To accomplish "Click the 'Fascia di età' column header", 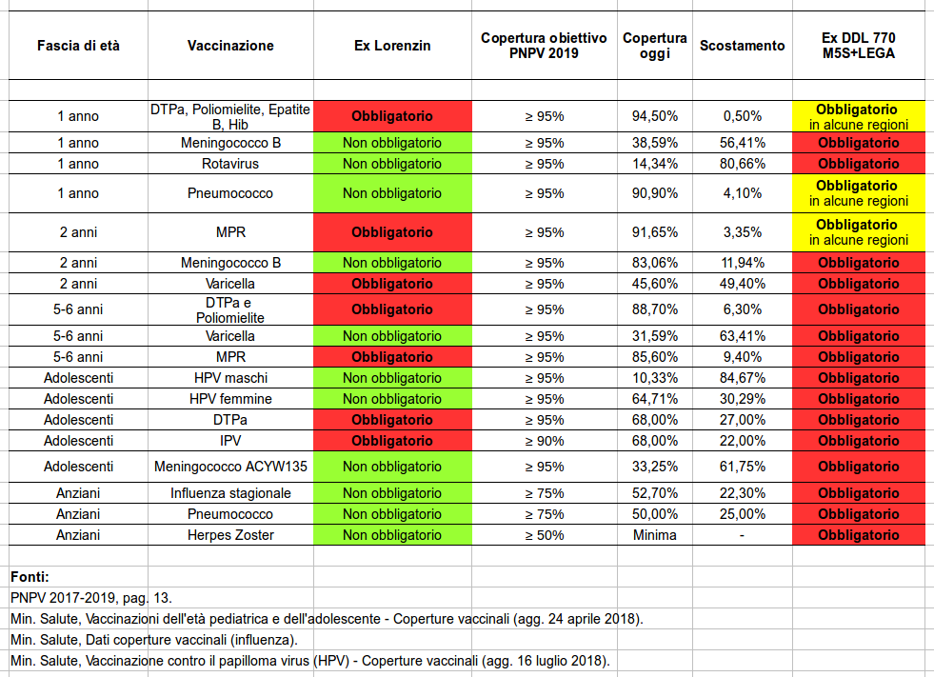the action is pos(78,46).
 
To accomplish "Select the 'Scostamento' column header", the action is pos(743,46).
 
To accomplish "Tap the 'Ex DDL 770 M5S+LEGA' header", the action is pos(859,46).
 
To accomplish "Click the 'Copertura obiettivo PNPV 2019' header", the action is pos(544,46).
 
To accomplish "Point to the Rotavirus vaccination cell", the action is pos(229,163).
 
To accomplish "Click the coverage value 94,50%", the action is pos(655,116).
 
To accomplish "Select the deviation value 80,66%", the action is pos(743,163).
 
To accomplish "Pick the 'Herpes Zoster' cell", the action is pos(230,534).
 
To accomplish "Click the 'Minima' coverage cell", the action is pos(655,534).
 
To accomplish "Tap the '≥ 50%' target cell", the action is pos(544,534).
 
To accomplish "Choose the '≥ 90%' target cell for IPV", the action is pos(544,441).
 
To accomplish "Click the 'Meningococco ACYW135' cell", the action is pos(230,466).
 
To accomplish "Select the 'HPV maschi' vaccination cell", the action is pos(230,378).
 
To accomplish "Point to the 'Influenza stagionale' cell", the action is pos(230,493).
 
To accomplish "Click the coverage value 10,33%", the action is pos(655,378).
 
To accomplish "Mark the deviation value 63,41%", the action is pos(743,335).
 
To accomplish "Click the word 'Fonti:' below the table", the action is pos(30,576).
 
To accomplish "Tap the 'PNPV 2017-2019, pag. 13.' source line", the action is pos(91,597).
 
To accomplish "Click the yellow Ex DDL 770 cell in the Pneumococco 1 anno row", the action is pos(859,193).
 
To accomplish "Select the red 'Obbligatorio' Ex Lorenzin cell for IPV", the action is pos(392,441).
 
